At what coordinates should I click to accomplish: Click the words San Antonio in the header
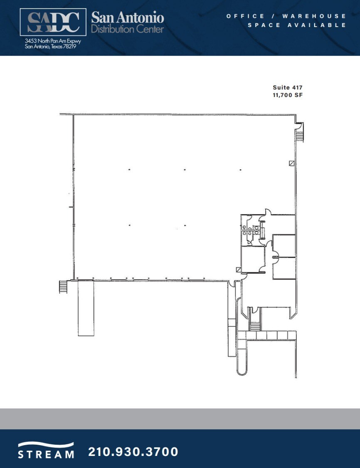click(127, 17)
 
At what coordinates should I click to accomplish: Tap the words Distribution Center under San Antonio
click(127, 30)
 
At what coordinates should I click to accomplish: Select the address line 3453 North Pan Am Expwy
click(52, 41)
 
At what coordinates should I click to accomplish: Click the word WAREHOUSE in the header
click(314, 16)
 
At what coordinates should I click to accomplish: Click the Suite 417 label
click(287, 87)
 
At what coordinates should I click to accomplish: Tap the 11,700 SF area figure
click(287, 95)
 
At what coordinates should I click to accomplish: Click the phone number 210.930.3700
click(133, 452)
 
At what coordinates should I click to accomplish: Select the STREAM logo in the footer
click(46, 451)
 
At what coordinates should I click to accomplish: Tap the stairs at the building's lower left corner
click(63, 287)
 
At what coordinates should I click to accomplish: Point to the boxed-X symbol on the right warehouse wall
click(292, 163)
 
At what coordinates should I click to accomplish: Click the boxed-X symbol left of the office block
click(238, 270)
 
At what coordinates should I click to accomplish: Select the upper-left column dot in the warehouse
click(129, 170)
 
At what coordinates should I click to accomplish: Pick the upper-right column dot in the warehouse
click(240, 170)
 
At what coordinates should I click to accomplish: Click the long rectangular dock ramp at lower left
click(86, 308)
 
